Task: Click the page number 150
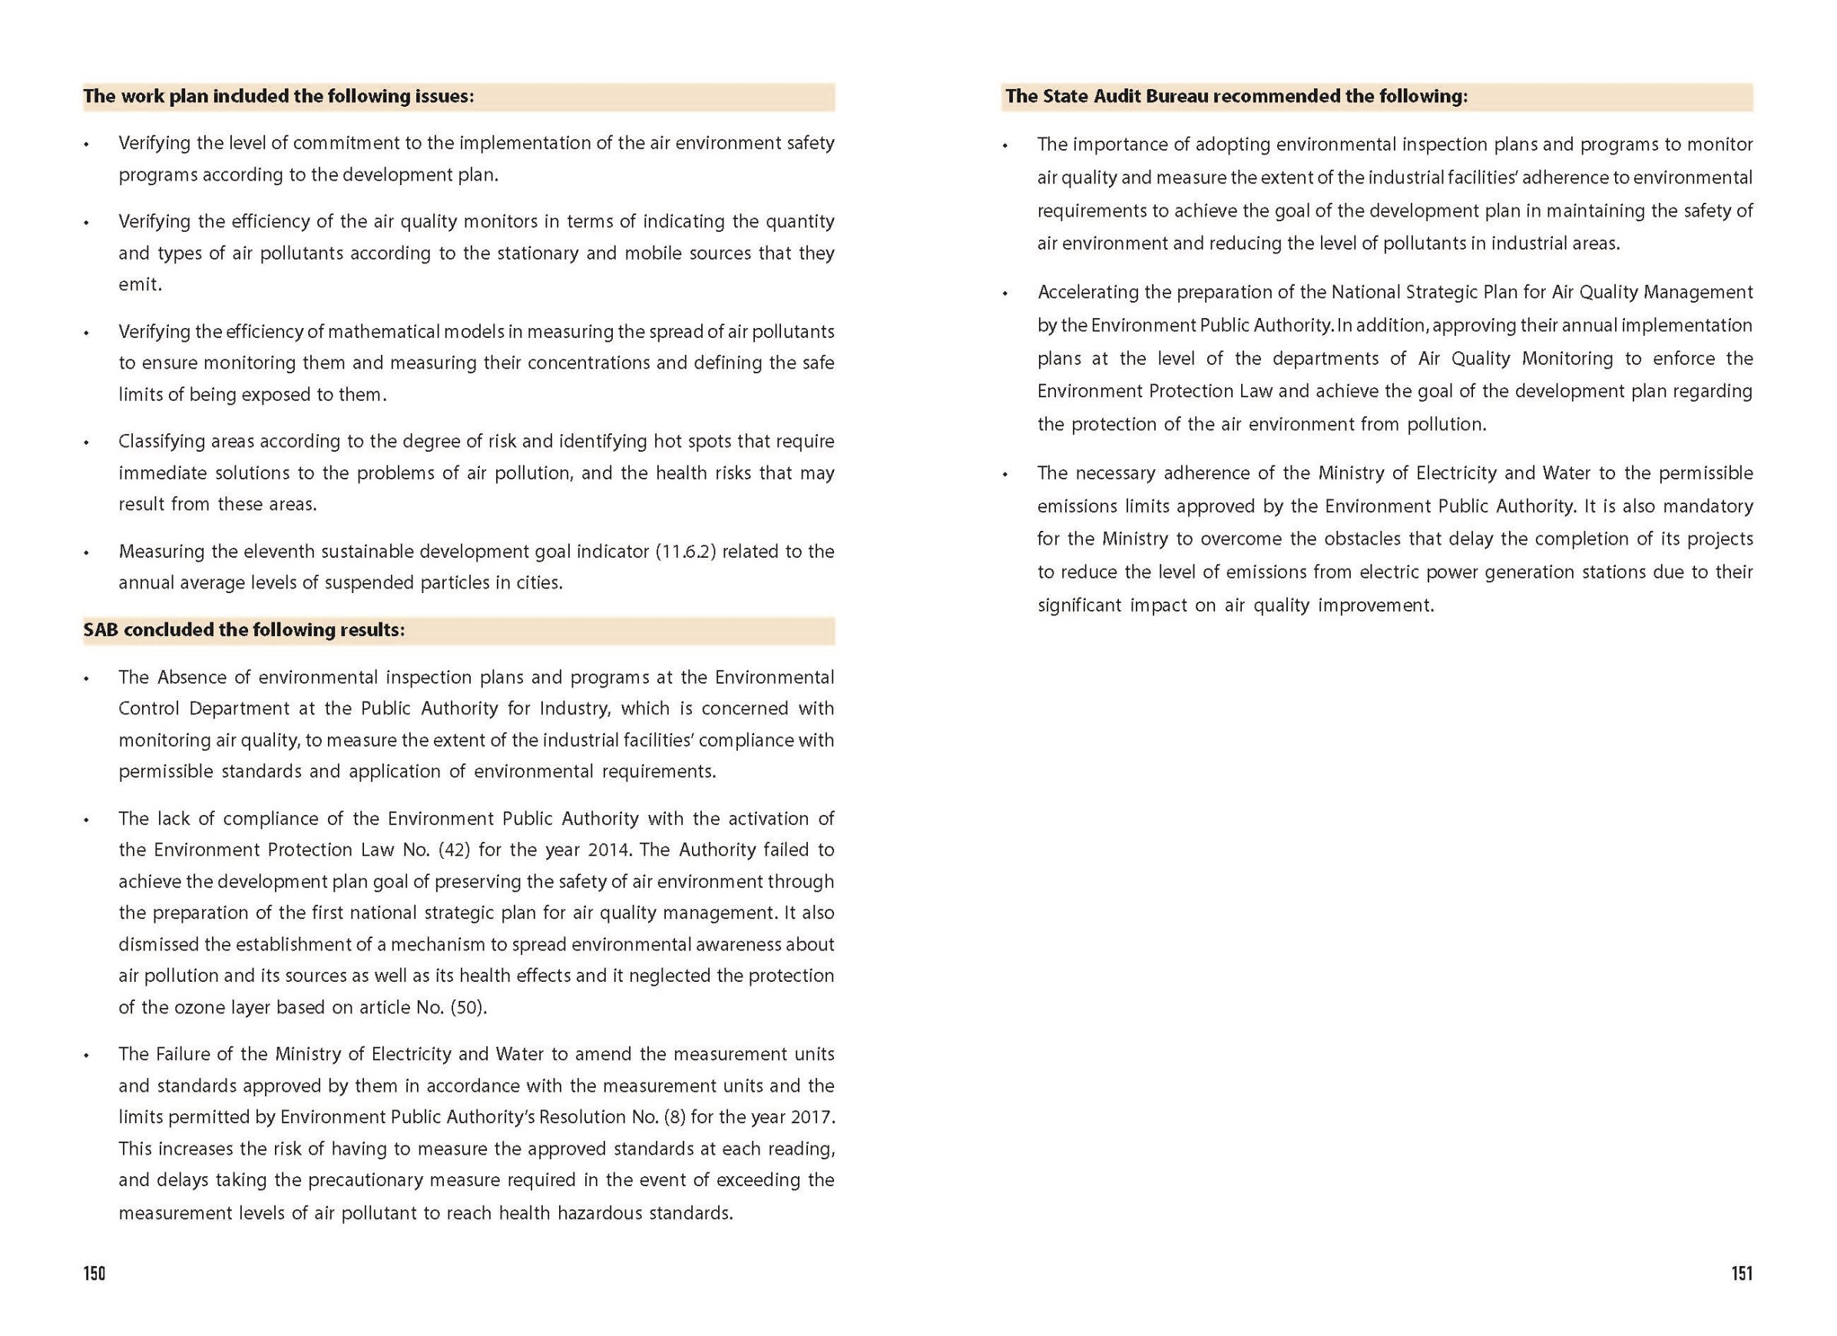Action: [94, 1273]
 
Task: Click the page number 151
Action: [1742, 1273]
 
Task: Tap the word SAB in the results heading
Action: [101, 629]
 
